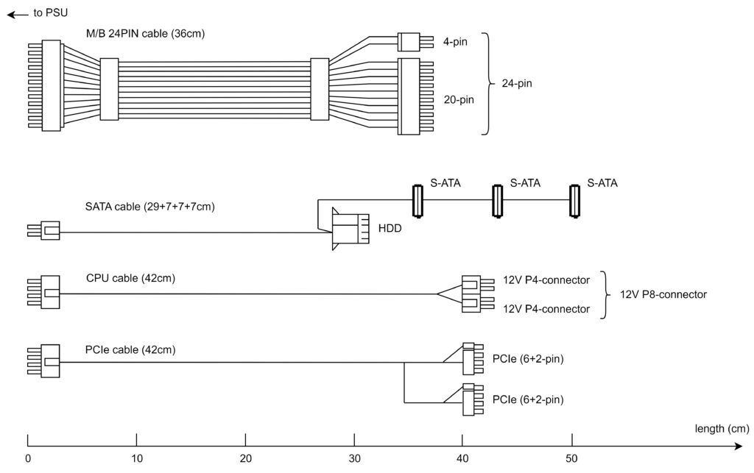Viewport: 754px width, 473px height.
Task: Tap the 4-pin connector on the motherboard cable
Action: tap(409, 42)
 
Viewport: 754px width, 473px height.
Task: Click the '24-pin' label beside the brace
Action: tap(517, 83)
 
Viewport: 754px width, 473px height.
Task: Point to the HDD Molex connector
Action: tap(350, 229)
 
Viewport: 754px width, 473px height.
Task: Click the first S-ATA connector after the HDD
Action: tap(418, 201)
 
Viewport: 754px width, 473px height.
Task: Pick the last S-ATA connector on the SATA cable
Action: tap(574, 201)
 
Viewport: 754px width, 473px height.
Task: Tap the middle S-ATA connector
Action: tap(498, 201)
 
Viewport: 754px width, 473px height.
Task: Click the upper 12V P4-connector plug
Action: tap(477, 284)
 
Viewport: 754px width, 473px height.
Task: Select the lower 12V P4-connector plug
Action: tap(477, 304)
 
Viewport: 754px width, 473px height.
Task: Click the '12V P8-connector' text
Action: tap(663, 294)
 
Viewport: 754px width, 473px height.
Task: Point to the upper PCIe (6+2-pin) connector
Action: tap(472, 359)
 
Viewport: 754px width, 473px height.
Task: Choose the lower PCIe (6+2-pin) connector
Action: tap(472, 399)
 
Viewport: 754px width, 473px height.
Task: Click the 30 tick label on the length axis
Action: tap(354, 458)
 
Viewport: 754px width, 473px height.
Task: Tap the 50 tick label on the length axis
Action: tap(571, 458)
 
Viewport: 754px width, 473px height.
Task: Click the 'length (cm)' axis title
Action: tap(722, 428)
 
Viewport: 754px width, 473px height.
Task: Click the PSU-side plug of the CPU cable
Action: tap(43, 292)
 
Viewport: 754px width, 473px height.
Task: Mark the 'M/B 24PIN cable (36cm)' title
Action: tap(145, 34)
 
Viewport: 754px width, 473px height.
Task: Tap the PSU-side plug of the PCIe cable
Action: tap(43, 361)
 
